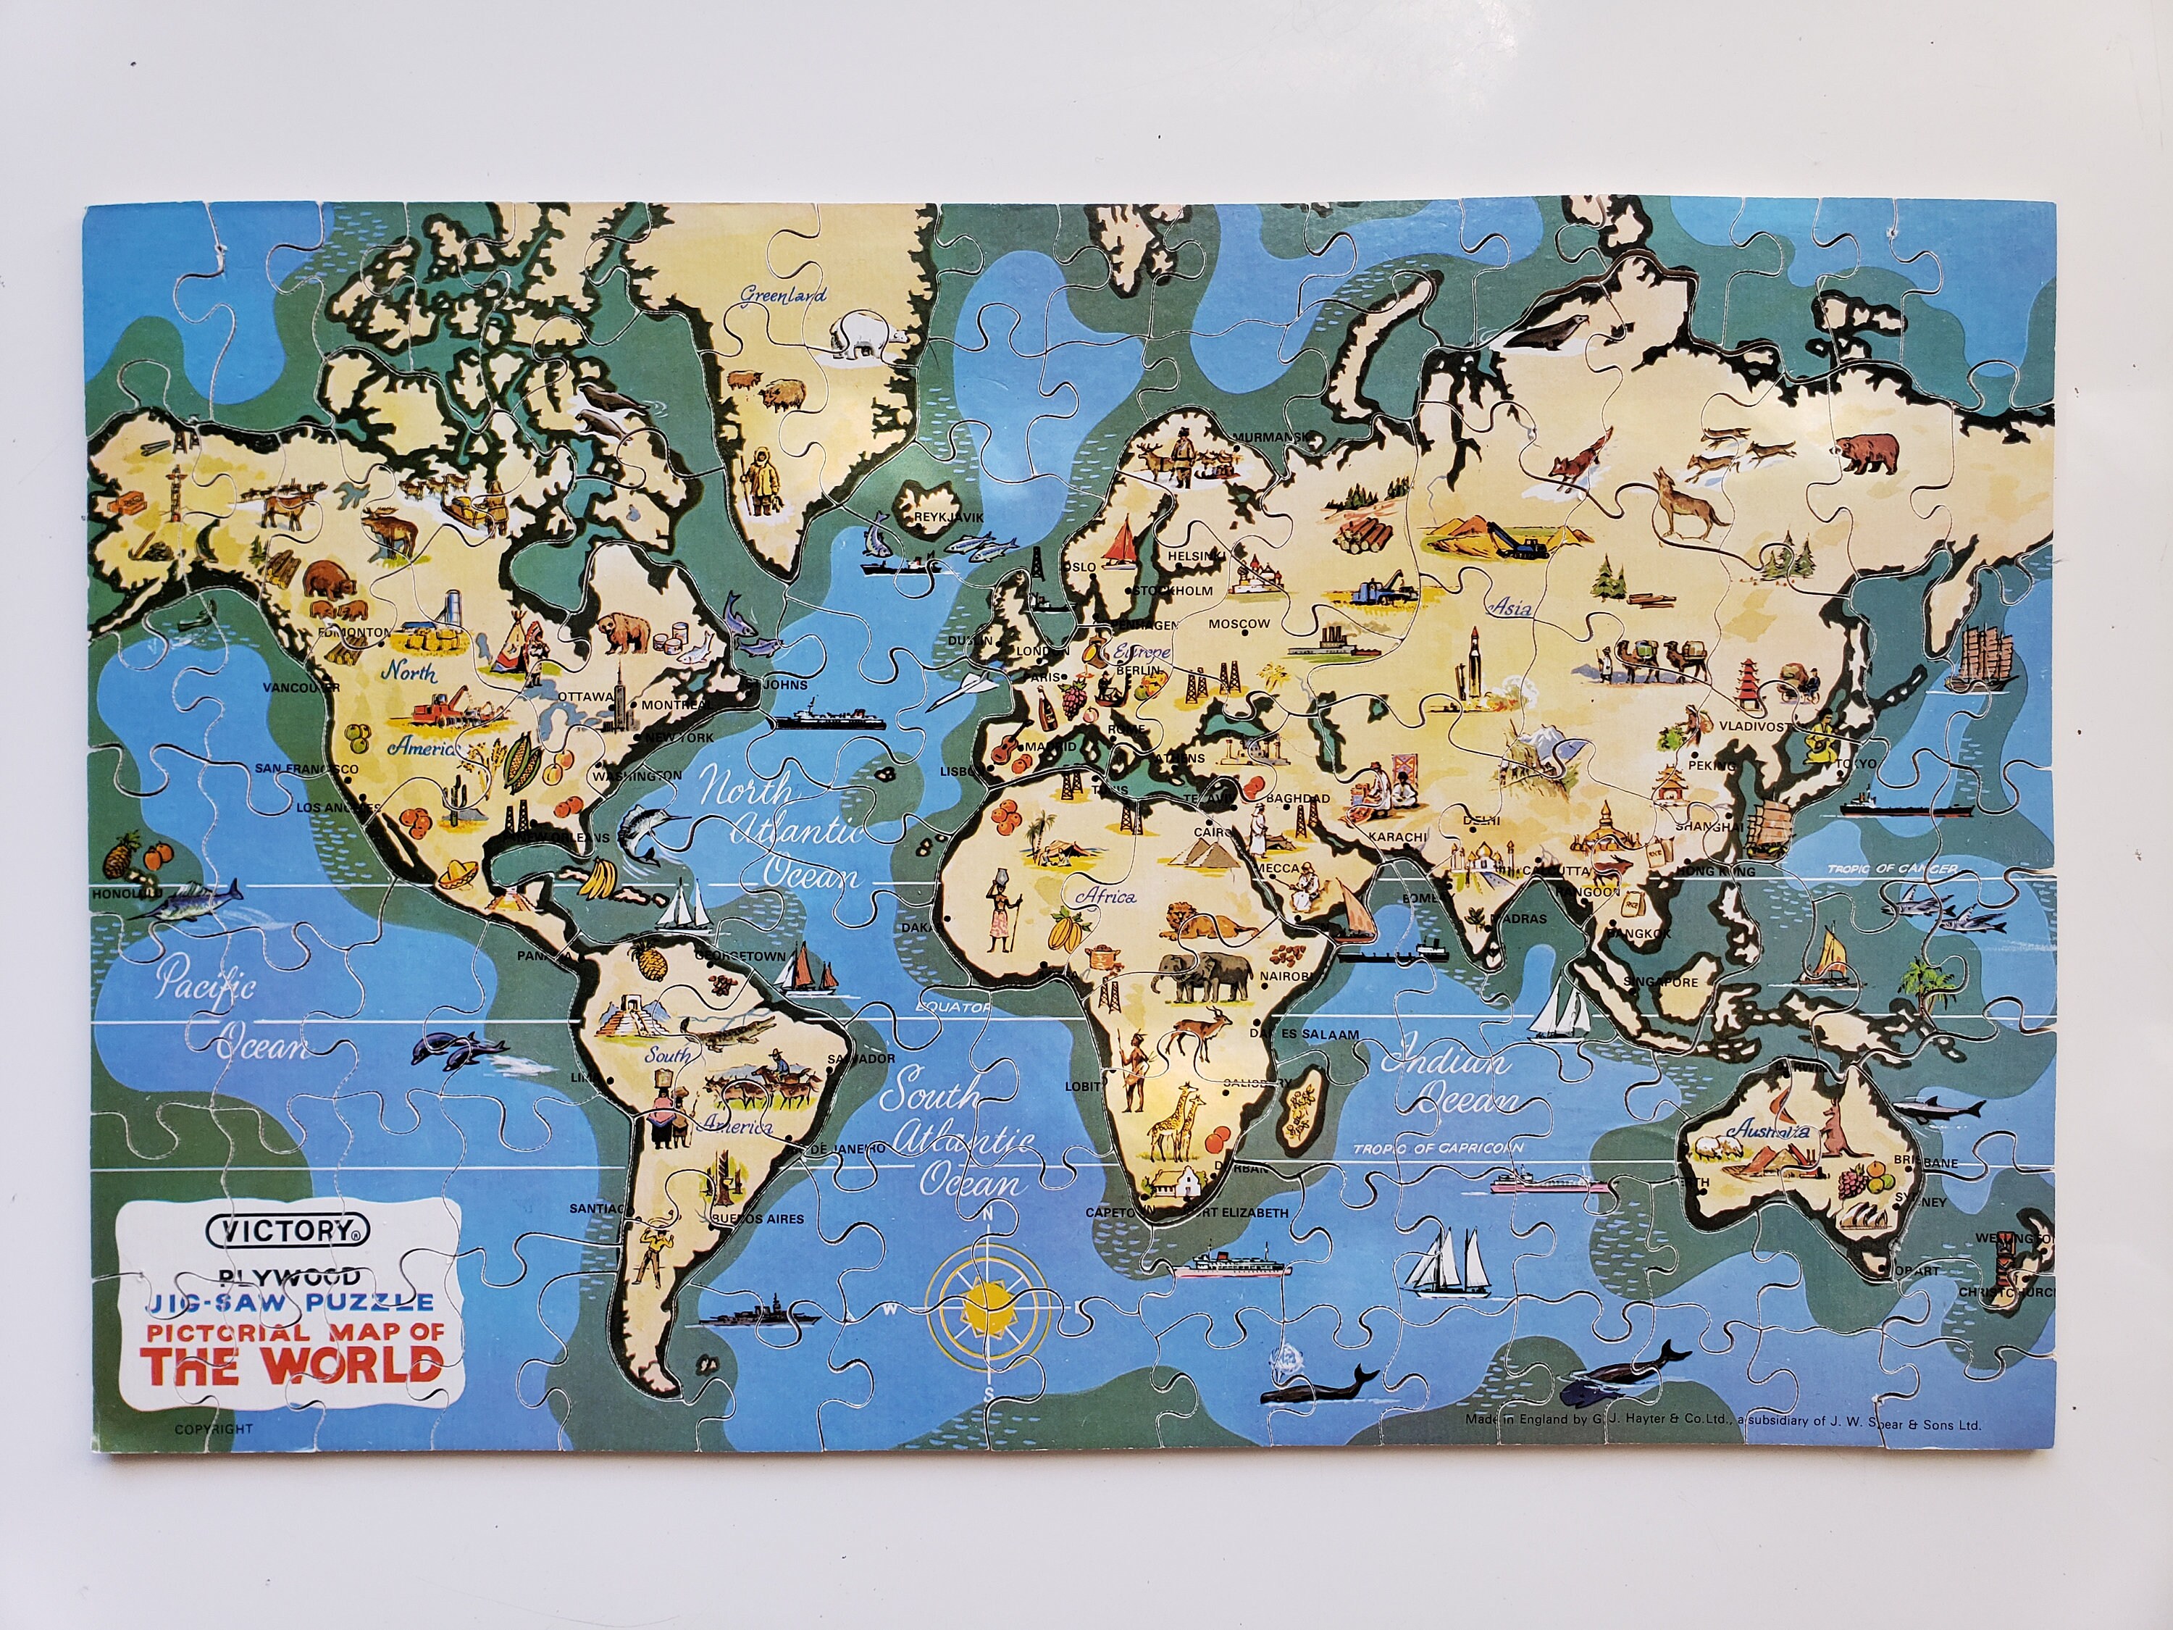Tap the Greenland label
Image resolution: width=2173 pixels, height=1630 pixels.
click(783, 294)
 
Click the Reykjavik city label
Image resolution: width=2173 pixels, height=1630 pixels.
click(948, 517)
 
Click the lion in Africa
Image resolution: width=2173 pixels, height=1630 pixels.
click(1207, 924)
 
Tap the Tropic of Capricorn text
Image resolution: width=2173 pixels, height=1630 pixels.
click(1437, 1148)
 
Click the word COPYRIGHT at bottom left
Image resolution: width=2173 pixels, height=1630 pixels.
click(213, 1429)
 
